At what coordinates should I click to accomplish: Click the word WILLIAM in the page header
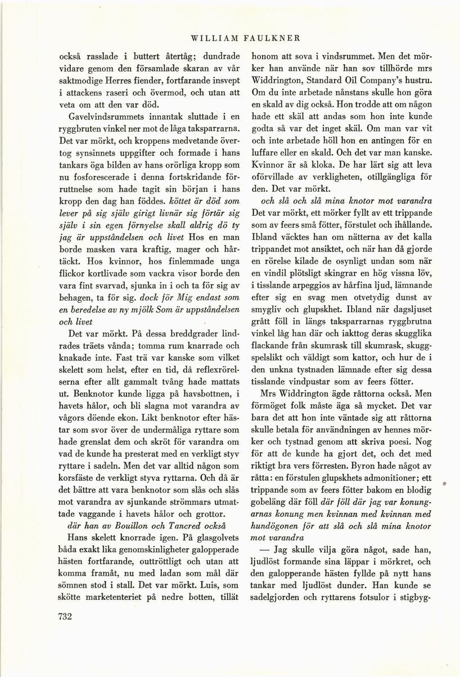coord(211,38)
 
